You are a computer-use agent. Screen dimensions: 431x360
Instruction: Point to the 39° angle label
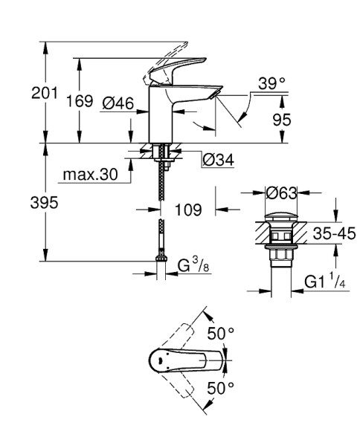pos(272,85)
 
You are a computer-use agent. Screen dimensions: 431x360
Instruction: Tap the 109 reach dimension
pos(187,210)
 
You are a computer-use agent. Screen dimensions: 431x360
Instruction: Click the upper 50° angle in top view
pos(220,334)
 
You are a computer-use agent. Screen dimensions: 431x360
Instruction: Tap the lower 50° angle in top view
pos(220,387)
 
